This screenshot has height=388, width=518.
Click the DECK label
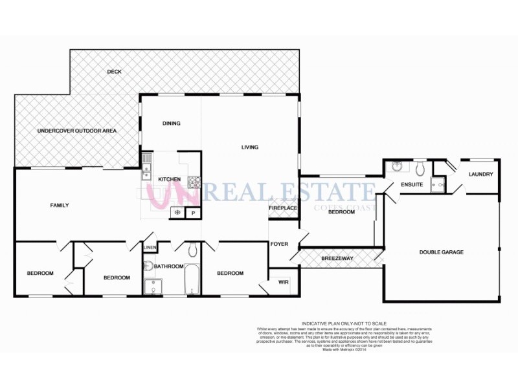click(x=115, y=72)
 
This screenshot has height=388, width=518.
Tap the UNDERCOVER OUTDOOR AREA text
click(x=77, y=131)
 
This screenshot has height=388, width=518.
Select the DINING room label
click(x=172, y=124)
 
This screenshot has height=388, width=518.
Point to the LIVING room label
click(x=250, y=147)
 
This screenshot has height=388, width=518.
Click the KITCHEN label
click(x=169, y=179)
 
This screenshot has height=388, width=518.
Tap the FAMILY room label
click(x=60, y=206)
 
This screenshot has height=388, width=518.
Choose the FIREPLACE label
click(x=284, y=208)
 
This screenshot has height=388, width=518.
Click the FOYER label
click(x=278, y=244)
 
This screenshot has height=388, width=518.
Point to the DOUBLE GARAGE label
click(x=442, y=252)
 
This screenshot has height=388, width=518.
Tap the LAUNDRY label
click(x=480, y=174)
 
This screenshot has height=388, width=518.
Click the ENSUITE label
click(x=412, y=185)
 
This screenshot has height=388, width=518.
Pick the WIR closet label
click(x=283, y=281)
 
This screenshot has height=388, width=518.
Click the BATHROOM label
click(x=170, y=266)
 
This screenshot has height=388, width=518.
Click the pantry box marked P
click(x=192, y=213)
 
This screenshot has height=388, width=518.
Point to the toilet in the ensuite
click(x=420, y=170)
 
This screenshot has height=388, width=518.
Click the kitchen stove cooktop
click(x=194, y=181)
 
